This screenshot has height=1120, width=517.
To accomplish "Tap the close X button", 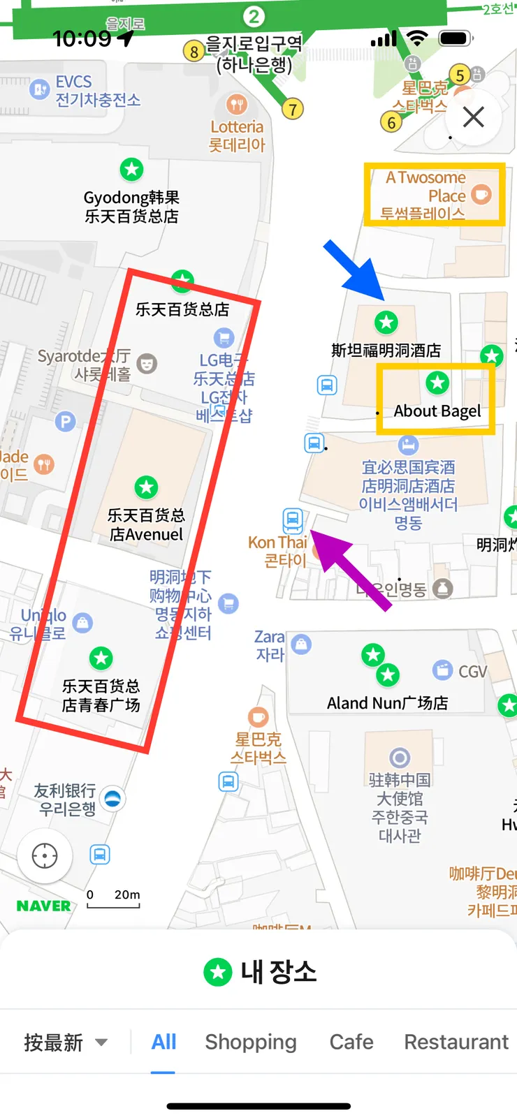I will [x=474, y=117].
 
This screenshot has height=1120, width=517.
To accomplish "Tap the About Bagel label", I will [x=437, y=411].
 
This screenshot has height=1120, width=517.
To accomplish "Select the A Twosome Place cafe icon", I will [x=481, y=194].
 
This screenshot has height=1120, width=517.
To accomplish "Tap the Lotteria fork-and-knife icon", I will [x=238, y=105].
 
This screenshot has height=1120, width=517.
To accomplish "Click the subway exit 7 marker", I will [x=293, y=109].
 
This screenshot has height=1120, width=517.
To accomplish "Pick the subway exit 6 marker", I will [x=391, y=123].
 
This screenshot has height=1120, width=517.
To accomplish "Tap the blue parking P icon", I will [x=65, y=422].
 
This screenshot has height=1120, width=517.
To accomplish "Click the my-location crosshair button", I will [x=45, y=855].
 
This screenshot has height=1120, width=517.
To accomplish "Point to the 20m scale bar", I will [x=113, y=900].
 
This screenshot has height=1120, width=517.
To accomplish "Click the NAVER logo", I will [x=43, y=906].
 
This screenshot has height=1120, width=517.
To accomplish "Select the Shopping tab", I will [x=251, y=1042].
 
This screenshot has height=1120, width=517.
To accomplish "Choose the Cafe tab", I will [x=351, y=1042].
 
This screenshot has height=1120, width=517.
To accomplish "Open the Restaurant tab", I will [x=456, y=1042].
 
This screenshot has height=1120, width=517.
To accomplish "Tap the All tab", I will [x=163, y=1042].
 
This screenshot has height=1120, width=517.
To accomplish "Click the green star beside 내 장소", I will [x=217, y=971].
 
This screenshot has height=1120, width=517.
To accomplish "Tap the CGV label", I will [x=472, y=671].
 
